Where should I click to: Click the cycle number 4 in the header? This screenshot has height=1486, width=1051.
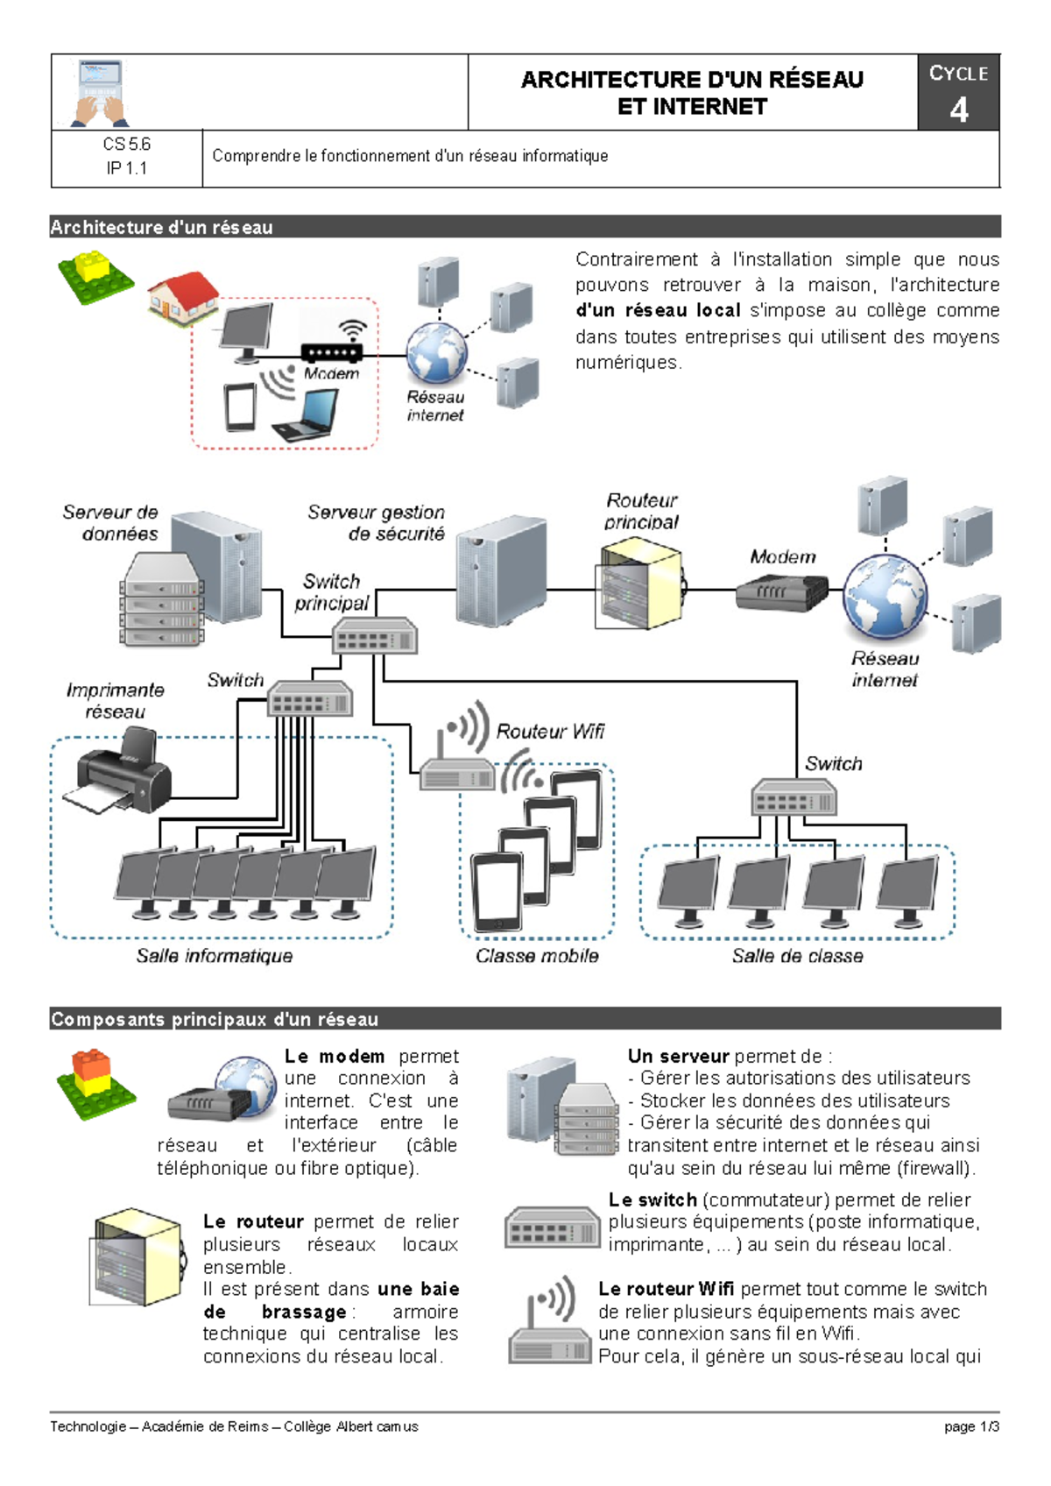point(959,110)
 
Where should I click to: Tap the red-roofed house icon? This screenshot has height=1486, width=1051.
point(182,297)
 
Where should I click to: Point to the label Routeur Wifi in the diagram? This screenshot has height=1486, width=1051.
point(550,732)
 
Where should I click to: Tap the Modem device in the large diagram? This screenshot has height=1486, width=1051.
point(781,592)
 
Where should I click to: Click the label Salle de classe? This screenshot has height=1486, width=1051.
point(797,956)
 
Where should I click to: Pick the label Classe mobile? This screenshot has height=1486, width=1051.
point(537,956)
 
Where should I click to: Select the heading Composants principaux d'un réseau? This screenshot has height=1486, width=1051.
point(215,1019)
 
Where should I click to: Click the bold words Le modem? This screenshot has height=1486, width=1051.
point(335,1057)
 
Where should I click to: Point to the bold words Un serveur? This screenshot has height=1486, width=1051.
point(678,1057)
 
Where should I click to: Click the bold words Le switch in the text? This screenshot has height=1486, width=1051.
point(652,1199)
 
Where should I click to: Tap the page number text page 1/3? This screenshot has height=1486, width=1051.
point(971,1426)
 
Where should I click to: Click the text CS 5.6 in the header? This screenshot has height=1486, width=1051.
point(127,144)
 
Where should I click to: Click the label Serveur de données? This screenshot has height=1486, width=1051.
point(111,523)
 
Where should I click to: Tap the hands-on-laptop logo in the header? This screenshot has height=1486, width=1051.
point(100,92)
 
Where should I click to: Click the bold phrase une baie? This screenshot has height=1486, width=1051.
point(418,1289)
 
